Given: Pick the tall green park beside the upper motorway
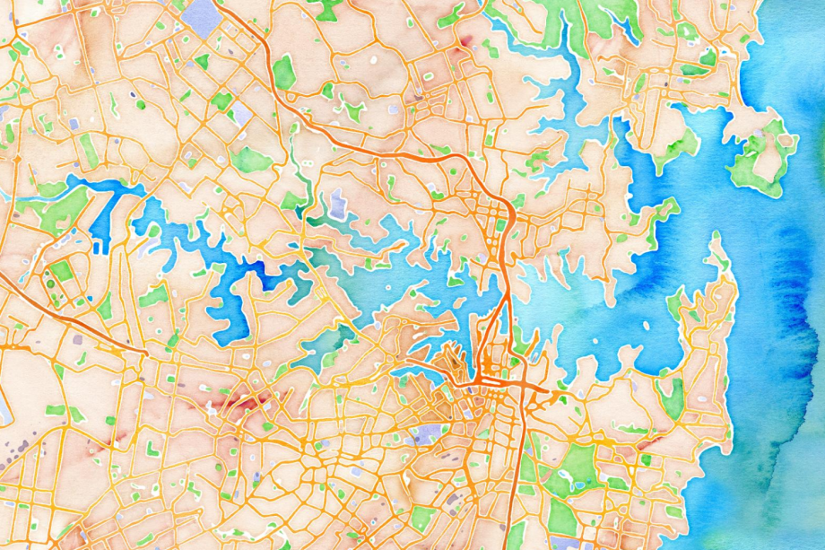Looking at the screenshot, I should [284, 72].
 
